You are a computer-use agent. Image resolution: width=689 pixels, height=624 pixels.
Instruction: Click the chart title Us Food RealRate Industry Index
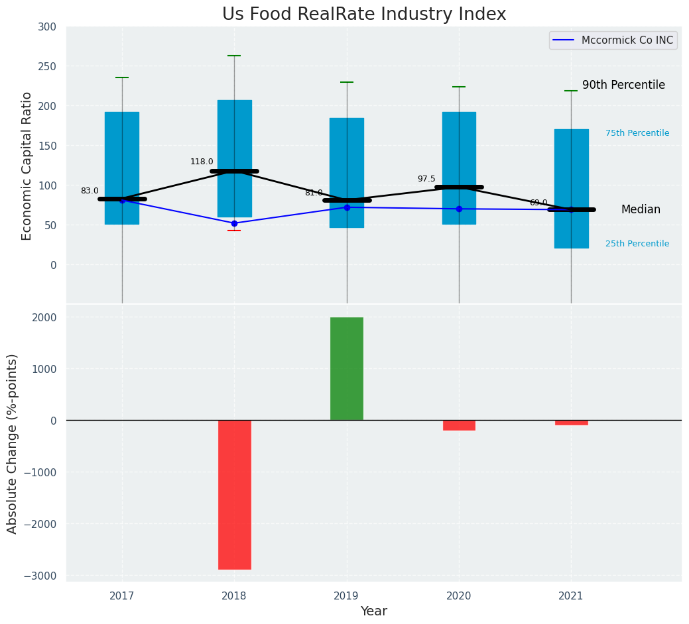[x=364, y=15]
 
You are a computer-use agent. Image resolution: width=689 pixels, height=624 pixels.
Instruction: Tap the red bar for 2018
[x=235, y=494]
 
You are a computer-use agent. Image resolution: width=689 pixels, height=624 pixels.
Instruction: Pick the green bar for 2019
[x=347, y=368]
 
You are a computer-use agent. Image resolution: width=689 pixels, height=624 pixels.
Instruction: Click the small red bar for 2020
[x=459, y=425]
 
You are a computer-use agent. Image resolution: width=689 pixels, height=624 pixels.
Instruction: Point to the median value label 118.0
[x=202, y=162]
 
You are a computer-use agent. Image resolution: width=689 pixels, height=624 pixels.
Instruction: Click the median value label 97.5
[x=426, y=179]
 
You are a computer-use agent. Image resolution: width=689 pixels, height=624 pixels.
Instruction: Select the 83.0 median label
[x=90, y=191]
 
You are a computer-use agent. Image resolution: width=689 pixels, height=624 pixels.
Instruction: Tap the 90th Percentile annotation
[x=623, y=85]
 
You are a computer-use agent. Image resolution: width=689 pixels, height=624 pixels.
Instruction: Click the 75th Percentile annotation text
[x=637, y=133]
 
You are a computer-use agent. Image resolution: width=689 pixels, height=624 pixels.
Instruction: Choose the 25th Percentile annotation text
[x=637, y=244]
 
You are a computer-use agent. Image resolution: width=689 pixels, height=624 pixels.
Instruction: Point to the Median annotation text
[x=641, y=209]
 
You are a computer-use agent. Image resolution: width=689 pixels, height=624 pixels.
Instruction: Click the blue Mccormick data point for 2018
[x=234, y=223]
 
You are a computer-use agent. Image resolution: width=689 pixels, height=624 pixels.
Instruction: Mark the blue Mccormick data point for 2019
[x=347, y=207]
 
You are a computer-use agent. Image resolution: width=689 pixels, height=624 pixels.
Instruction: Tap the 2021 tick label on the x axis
[x=571, y=596]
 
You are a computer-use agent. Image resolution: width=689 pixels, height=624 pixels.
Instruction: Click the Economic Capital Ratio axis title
[x=27, y=166]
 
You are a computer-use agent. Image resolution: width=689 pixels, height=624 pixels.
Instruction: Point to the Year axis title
[x=374, y=611]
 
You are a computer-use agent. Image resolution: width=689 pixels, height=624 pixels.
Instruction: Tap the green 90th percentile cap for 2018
[x=234, y=56]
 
